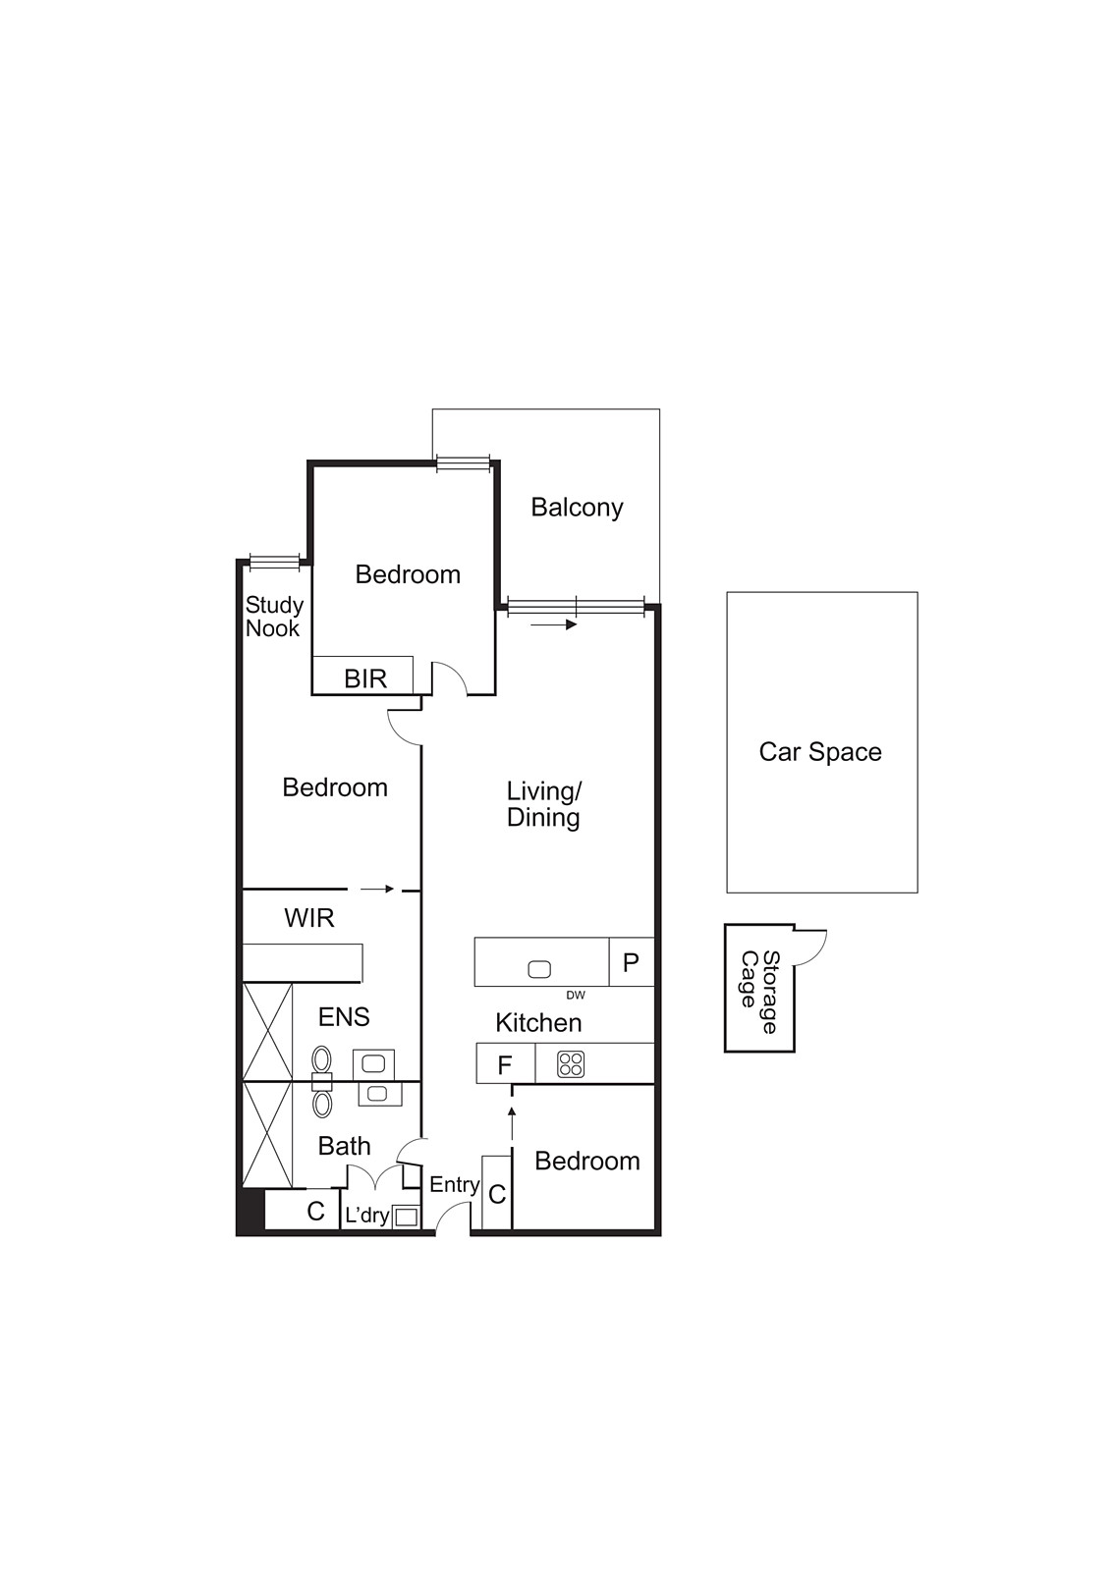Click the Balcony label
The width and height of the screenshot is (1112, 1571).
[577, 508]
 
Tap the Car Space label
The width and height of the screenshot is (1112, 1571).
[820, 752]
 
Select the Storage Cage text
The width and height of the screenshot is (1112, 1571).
[759, 992]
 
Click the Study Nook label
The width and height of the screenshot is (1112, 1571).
[274, 617]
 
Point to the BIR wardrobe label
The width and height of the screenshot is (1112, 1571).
[365, 678]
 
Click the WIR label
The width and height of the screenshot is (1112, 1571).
[309, 918]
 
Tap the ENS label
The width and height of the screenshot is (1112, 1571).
[344, 1016]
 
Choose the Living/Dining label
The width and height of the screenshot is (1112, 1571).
[543, 804]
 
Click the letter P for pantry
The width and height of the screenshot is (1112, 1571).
[631, 962]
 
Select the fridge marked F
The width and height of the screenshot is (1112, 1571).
[505, 1065]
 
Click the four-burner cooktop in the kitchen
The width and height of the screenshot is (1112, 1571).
[571, 1064]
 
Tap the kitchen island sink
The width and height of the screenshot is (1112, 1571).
[539, 970]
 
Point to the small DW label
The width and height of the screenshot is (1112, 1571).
[576, 996]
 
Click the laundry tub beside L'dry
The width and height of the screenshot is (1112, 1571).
[406, 1217]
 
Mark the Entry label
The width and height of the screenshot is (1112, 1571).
[454, 1185]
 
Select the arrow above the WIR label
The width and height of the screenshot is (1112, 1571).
[377, 890]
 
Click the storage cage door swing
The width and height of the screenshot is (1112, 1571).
[811, 946]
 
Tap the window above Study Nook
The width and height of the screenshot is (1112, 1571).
[274, 562]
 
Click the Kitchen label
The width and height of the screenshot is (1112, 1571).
[538, 1023]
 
